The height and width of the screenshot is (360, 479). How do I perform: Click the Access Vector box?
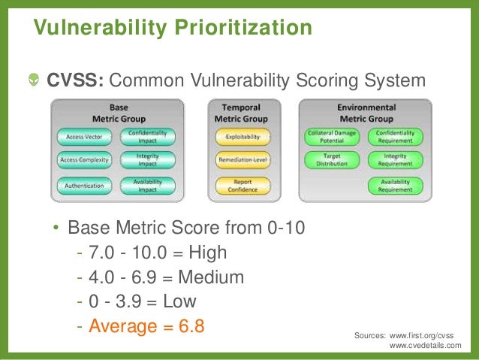84,137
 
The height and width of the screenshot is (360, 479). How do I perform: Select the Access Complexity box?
84,160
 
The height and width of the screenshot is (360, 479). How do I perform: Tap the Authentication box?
84,186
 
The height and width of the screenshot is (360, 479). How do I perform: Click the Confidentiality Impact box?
147,137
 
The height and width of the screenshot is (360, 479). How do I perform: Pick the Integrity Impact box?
147,160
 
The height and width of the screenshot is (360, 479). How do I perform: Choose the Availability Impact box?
147,186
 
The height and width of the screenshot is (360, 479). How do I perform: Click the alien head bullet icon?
34,80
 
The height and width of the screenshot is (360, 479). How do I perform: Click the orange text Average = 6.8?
146,327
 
